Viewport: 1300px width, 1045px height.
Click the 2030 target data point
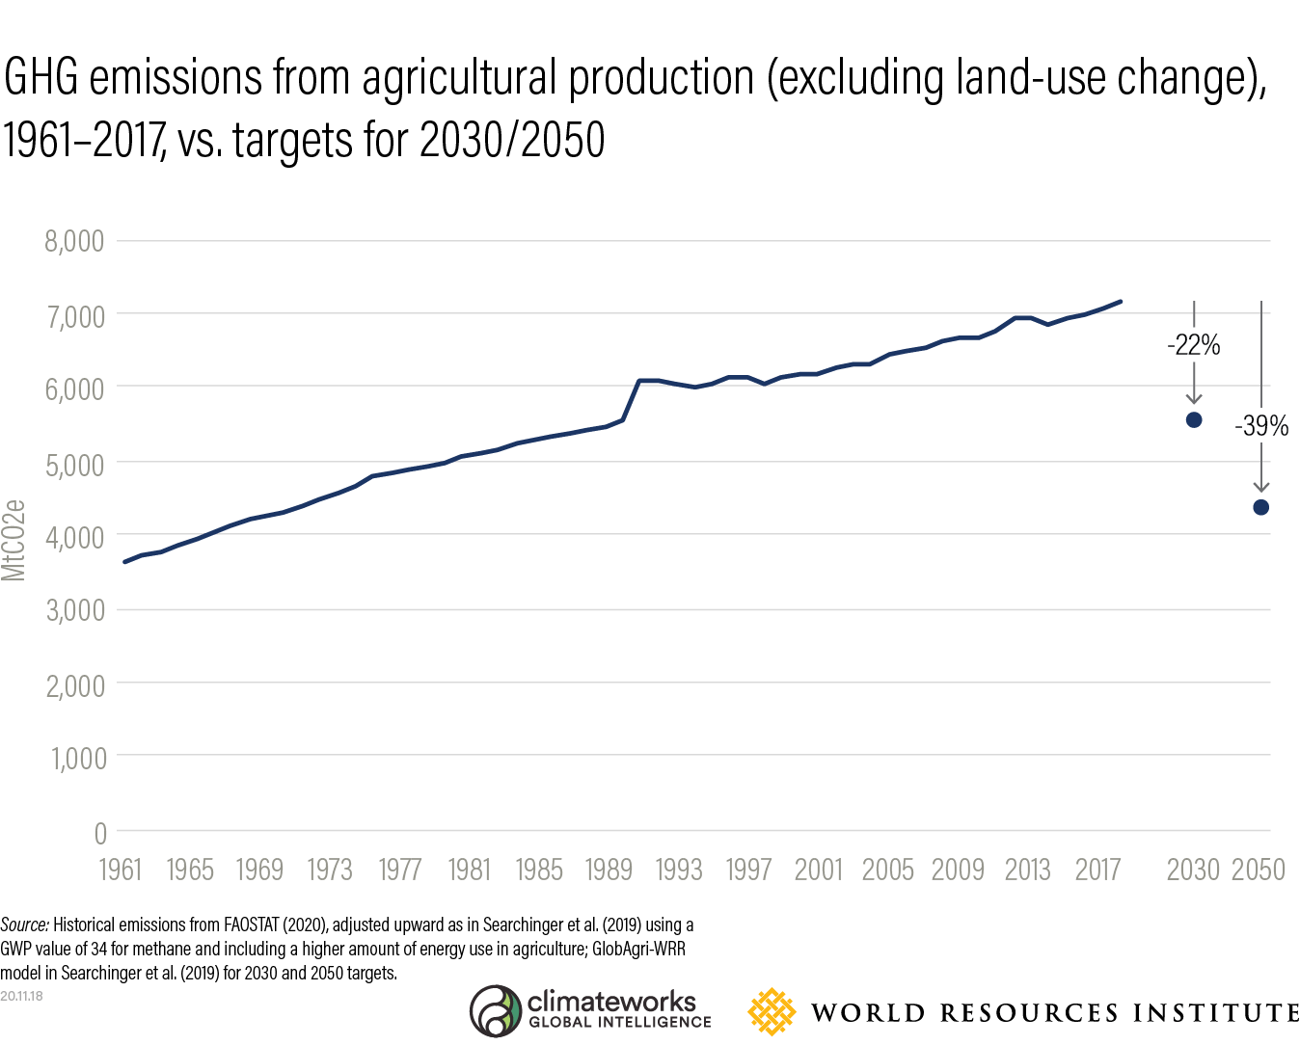(1194, 419)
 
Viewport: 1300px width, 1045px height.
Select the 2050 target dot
(1260, 507)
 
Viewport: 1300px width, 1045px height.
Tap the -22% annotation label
(1194, 345)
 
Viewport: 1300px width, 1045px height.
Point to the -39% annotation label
(1261, 426)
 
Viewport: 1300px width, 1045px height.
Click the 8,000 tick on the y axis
(74, 241)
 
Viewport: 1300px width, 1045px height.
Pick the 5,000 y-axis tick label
(74, 465)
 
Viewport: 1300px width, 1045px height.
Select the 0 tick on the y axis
(100, 833)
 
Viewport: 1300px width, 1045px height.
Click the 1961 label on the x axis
(121, 871)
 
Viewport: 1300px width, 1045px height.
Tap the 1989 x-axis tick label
(609, 871)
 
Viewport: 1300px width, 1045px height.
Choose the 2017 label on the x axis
(1097, 871)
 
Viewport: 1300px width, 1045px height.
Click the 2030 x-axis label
(1193, 871)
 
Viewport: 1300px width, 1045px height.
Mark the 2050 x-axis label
(1259, 871)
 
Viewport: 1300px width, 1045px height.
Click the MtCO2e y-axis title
(14, 540)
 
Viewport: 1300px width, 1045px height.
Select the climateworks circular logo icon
(495, 1011)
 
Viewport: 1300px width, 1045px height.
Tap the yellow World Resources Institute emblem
(772, 1012)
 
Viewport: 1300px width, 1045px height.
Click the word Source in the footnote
(24, 925)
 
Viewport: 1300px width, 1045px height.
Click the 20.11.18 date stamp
(21, 996)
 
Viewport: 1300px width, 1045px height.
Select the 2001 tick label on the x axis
(818, 871)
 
